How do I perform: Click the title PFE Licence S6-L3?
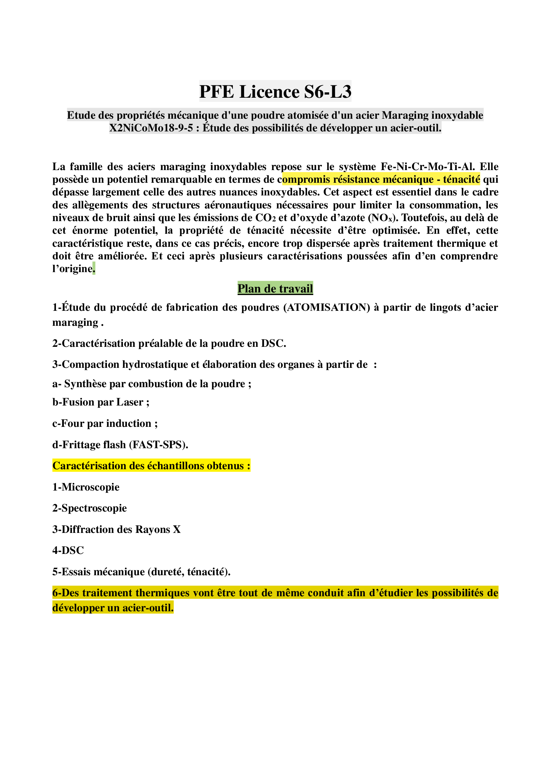[275, 91]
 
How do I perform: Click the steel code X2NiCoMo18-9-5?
[151, 128]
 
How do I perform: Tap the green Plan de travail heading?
[275, 288]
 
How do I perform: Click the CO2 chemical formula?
[265, 218]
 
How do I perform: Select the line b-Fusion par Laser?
[101, 402]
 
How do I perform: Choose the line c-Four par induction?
[105, 423]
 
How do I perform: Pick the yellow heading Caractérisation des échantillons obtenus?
[151, 466]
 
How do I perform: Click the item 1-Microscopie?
[86, 487]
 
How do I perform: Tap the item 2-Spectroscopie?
[90, 508]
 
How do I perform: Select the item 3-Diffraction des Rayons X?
[116, 529]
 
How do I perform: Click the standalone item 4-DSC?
[68, 550]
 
